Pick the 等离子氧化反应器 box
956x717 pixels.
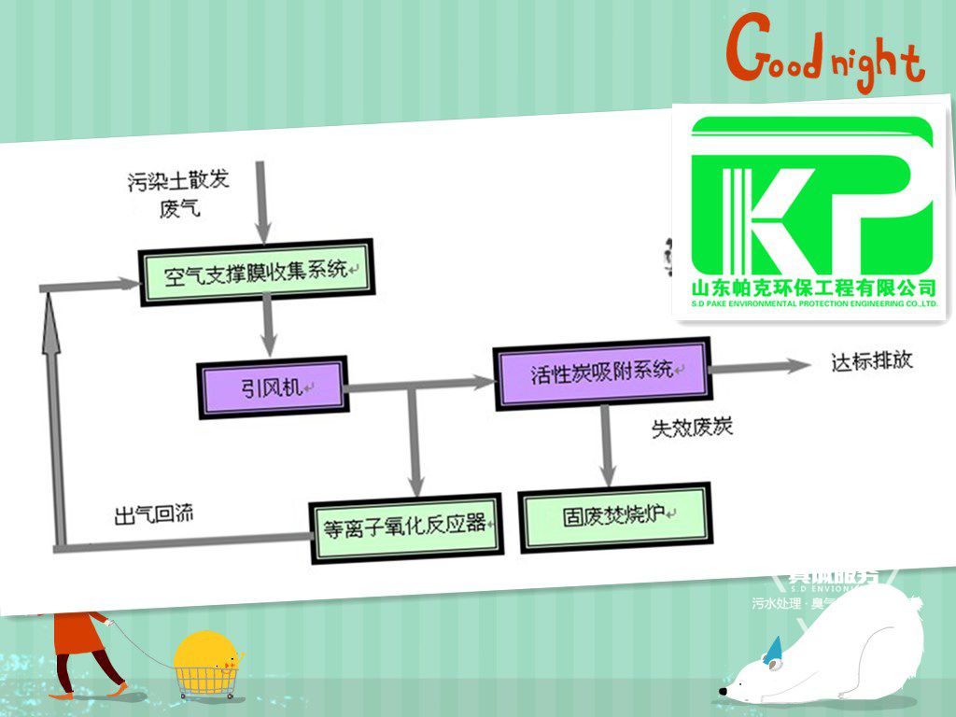coord(404,524)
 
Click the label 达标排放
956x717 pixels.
coord(870,360)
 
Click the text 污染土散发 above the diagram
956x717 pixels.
coord(178,181)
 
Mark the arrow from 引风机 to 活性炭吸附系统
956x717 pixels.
coord(420,383)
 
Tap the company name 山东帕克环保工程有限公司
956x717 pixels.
coord(811,288)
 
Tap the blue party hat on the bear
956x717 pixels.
coord(772,650)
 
